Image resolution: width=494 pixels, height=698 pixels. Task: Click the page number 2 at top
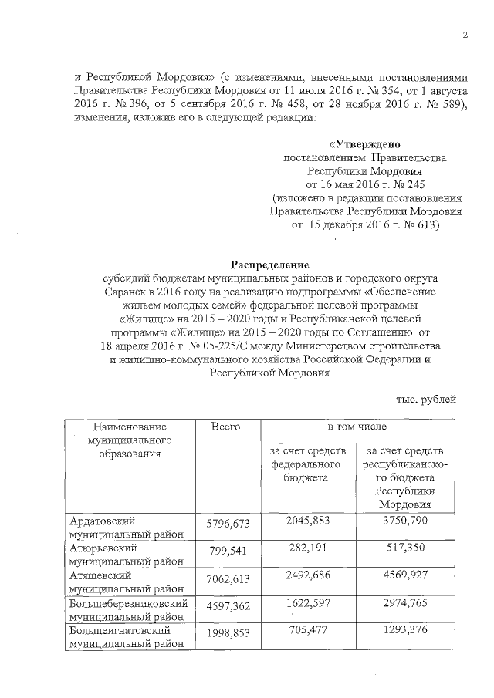click(465, 35)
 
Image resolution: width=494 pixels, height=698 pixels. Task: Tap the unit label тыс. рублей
click(425, 399)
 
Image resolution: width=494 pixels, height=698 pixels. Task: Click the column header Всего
click(225, 427)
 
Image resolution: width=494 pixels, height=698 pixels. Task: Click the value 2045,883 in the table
click(306, 522)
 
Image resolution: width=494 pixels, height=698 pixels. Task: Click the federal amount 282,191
click(306, 549)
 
